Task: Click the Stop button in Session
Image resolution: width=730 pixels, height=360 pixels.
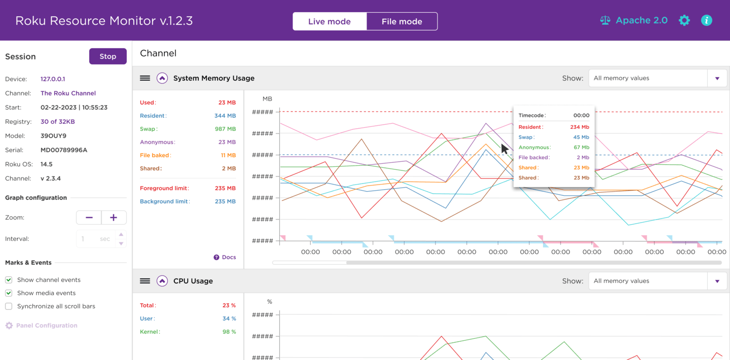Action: tap(107, 56)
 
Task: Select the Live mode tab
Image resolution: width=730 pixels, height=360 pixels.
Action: tap(330, 21)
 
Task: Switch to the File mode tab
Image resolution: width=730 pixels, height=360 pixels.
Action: tap(401, 21)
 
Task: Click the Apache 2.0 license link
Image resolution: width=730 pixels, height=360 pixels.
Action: tap(634, 20)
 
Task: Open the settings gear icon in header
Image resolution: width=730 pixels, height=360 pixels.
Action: tap(684, 20)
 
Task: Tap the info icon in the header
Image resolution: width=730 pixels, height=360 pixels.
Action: tap(706, 20)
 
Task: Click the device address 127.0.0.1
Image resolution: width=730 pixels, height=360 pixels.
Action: tap(53, 79)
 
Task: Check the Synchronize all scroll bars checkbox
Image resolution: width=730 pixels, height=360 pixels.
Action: tap(9, 306)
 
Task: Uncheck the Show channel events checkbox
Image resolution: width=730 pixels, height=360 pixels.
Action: tap(9, 280)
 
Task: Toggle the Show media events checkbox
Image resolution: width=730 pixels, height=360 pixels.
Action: tap(9, 293)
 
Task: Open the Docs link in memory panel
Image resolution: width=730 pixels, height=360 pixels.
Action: tap(225, 257)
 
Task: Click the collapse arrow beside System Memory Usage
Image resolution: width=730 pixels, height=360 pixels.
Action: tap(162, 78)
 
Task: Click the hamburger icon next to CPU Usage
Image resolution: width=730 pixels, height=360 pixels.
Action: tap(145, 281)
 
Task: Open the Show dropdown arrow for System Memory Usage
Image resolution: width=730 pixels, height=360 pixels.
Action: tap(717, 79)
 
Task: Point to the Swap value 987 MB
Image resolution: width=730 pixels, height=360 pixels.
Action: tap(225, 129)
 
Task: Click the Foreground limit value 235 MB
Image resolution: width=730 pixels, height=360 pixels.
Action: tap(225, 188)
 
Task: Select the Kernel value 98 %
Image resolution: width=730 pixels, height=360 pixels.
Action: tap(229, 332)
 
